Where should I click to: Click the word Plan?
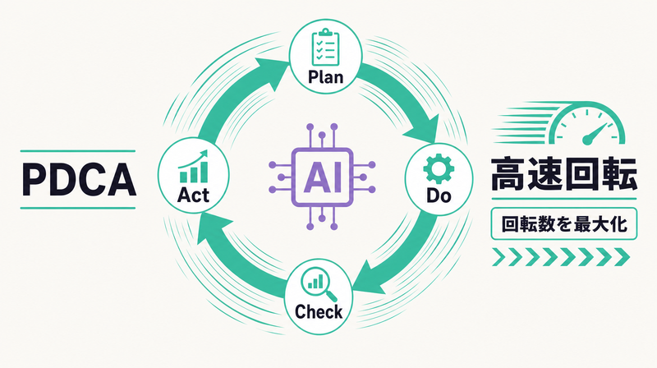(x=325, y=76)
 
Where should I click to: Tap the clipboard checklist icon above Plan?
(x=325, y=47)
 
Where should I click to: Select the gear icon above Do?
(x=439, y=168)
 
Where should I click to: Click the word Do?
(x=439, y=195)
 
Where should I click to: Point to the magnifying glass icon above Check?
(x=319, y=284)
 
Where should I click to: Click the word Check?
(x=319, y=311)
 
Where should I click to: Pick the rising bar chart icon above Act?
(x=193, y=167)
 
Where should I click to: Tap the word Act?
(x=193, y=195)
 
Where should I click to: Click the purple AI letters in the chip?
(x=322, y=177)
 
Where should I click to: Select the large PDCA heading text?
(x=78, y=179)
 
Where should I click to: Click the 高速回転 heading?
(x=564, y=174)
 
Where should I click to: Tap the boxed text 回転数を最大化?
(x=564, y=223)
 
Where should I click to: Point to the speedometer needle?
(x=596, y=134)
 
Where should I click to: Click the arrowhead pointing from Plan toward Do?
(x=421, y=129)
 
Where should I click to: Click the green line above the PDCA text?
(x=78, y=151)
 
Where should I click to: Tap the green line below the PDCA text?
(x=78, y=208)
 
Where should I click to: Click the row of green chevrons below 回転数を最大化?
(x=561, y=257)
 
